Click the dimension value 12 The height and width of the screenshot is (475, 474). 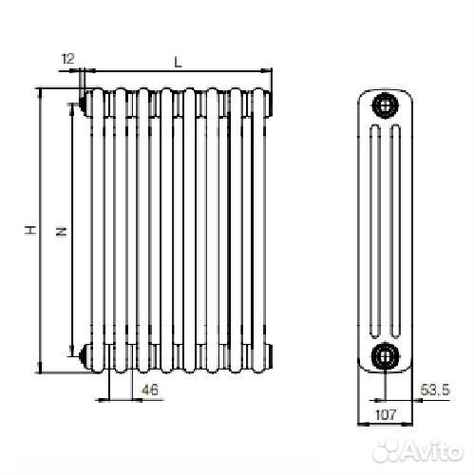[x=67, y=59]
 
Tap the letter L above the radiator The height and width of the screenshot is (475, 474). [x=177, y=61]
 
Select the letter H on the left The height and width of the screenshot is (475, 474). [x=29, y=230]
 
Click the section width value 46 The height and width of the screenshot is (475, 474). [x=149, y=389]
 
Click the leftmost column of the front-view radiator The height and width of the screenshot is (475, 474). [x=98, y=228]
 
